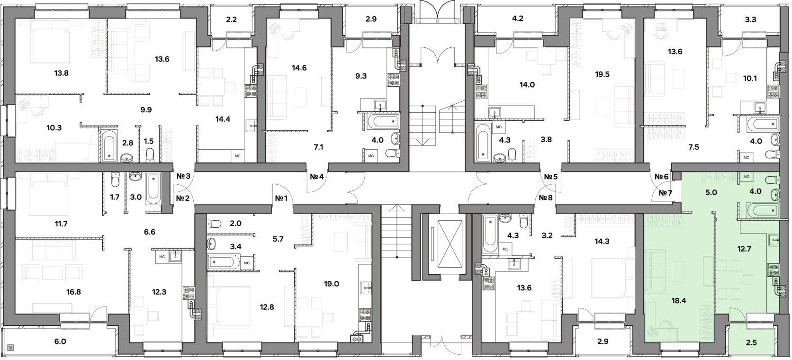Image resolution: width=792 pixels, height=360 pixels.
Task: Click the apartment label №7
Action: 665,193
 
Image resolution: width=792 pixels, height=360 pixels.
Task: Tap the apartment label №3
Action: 183,176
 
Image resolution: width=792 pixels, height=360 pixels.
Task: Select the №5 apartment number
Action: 550,177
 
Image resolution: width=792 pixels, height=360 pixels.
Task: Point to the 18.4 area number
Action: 678,300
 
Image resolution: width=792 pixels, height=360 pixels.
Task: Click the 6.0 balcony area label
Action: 60,341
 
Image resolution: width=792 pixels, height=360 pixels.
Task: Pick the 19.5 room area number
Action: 602,74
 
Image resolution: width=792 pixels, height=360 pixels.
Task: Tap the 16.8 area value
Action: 73,292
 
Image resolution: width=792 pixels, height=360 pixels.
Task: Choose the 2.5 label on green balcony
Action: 751,342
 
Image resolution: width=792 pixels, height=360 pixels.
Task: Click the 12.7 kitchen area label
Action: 744,249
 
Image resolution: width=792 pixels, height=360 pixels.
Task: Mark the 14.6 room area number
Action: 299,68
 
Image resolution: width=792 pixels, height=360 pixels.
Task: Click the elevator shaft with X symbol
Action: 450,244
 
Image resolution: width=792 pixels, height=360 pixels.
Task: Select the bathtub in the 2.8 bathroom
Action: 109,146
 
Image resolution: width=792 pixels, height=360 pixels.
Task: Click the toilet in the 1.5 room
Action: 150,155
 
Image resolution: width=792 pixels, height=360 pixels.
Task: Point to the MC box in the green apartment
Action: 746,177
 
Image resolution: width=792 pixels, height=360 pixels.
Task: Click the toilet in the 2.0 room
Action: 214,224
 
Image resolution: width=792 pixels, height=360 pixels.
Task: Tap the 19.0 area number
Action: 331,284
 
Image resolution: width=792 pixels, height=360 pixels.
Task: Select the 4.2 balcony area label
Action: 518,18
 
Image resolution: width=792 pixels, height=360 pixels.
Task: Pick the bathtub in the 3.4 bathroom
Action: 224,262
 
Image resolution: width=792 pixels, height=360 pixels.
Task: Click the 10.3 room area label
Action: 54,128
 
